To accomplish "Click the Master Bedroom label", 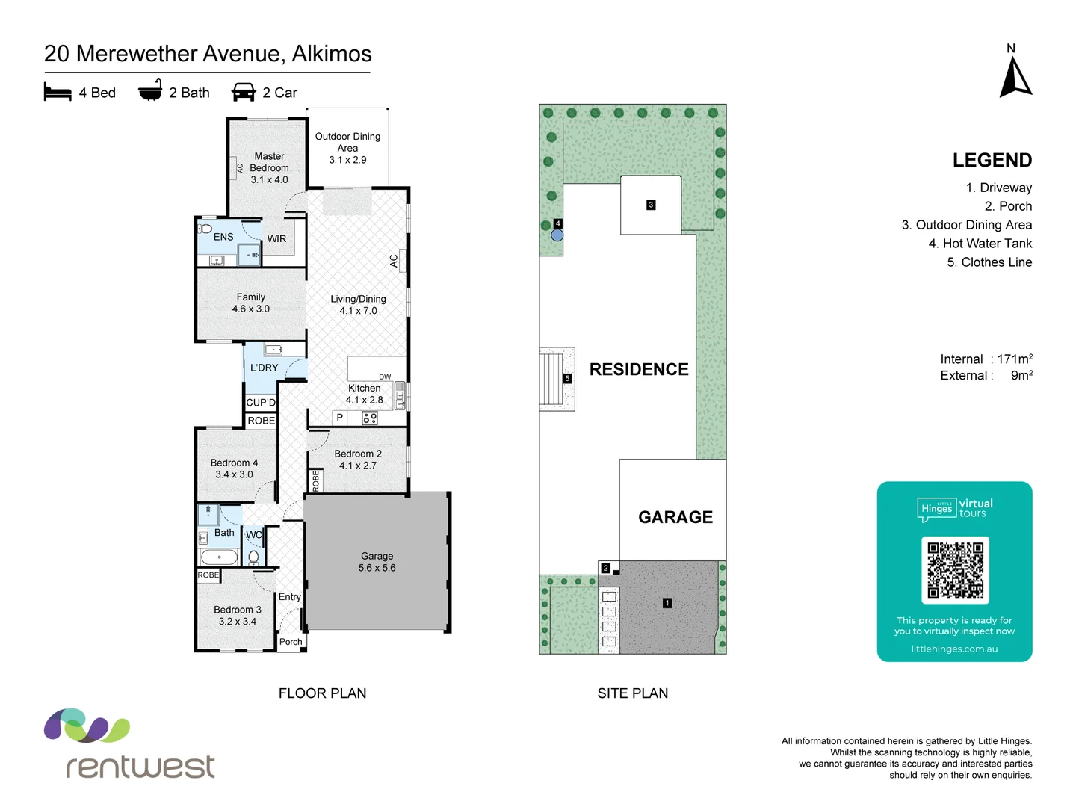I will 269,167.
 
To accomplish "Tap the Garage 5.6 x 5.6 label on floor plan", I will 377,562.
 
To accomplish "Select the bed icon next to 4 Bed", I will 58,92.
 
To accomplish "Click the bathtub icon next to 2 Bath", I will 150,90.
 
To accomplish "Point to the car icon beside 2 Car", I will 244,92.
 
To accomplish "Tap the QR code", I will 955,569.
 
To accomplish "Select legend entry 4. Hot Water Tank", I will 980,244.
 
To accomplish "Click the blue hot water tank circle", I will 557,235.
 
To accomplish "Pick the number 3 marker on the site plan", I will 651,205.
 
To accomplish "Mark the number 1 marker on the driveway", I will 667,603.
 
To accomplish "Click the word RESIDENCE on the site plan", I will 639,369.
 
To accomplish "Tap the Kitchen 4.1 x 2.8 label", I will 365,394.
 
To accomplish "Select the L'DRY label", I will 264,368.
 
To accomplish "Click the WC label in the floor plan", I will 254,534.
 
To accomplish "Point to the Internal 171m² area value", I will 1015,359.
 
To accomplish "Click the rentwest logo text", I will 140,767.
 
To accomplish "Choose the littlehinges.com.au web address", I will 954,649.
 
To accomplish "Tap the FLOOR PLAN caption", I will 322,693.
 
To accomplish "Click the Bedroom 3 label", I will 238,616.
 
